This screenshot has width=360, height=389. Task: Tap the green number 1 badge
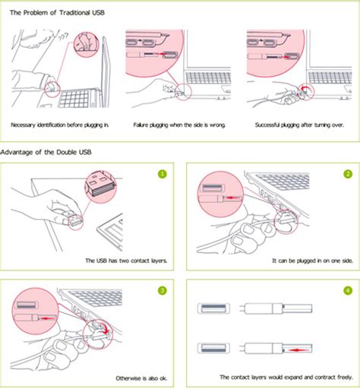(160, 174)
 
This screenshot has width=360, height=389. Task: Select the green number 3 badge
(160, 290)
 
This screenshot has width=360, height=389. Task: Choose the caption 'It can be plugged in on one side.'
(306, 260)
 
